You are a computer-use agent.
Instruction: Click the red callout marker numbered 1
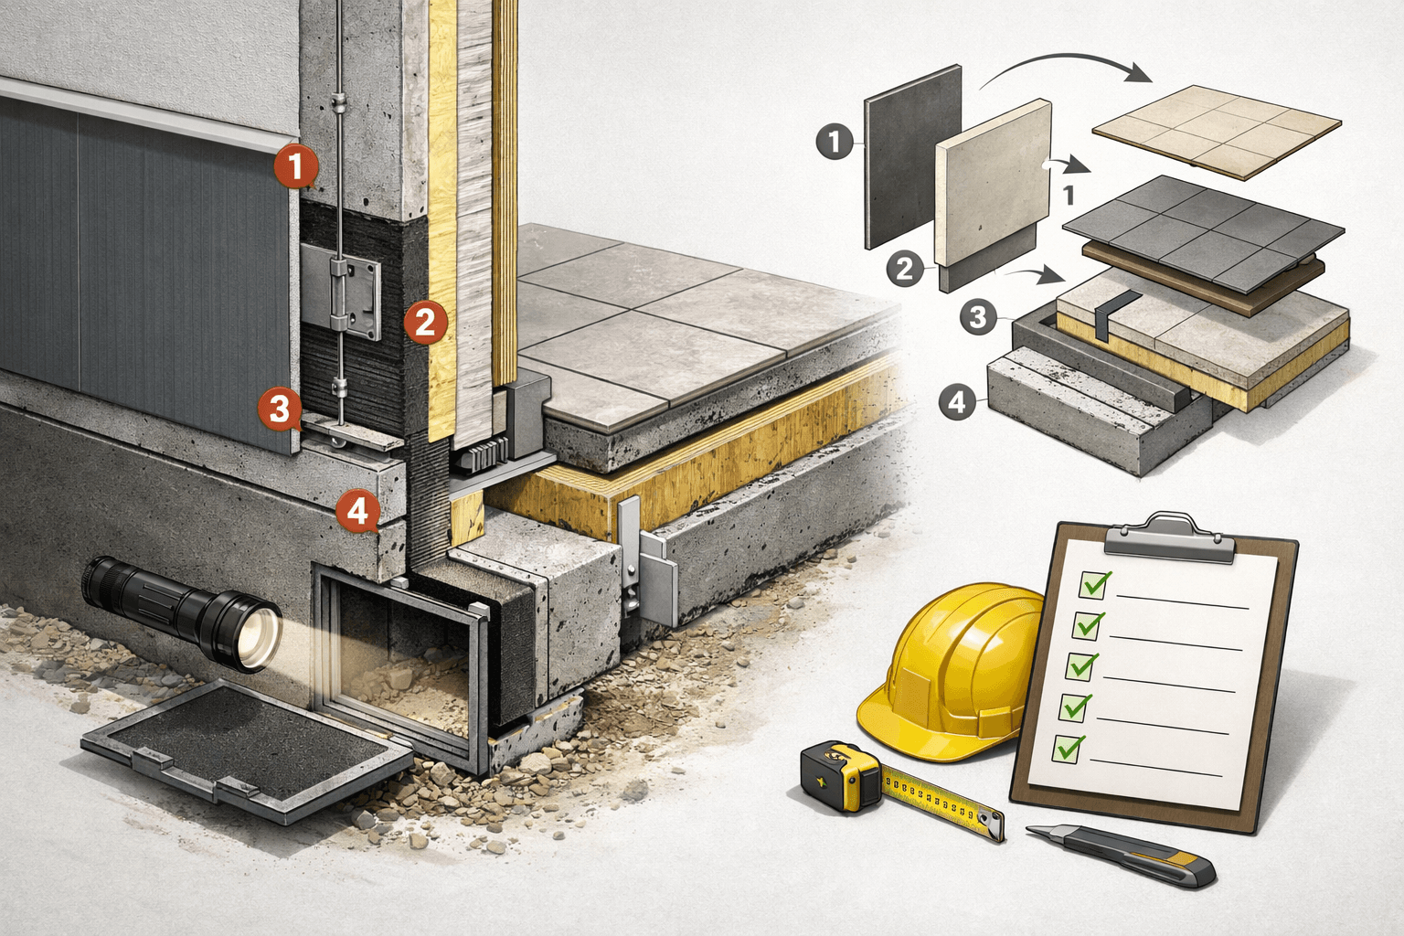[296, 166]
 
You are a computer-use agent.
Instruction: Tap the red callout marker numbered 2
[426, 323]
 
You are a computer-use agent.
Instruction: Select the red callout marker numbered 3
[280, 409]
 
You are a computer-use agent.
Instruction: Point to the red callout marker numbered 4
[358, 512]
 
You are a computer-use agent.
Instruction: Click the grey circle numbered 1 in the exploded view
[835, 142]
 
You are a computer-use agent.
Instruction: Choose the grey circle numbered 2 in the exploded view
[905, 269]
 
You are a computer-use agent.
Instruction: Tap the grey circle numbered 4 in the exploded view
[957, 402]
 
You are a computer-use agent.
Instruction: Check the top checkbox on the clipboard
[1094, 584]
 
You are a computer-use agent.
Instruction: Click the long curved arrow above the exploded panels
[1066, 59]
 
